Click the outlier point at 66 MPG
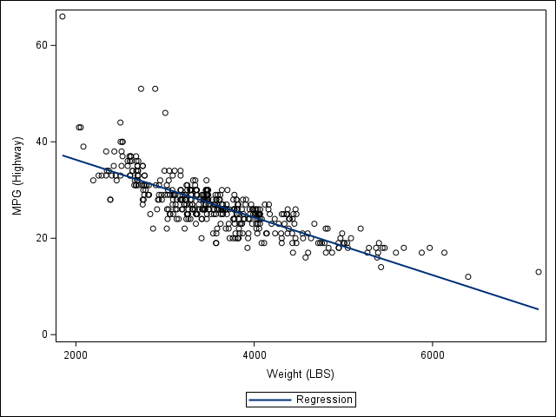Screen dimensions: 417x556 (62, 17)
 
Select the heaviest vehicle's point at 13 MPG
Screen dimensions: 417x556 (539, 272)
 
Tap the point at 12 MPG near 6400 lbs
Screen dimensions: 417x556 (468, 276)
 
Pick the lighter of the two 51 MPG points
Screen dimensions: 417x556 (141, 89)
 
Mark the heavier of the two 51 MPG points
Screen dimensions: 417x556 (156, 89)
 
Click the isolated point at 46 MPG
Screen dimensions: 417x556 (165, 113)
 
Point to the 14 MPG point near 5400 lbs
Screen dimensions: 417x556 (381, 267)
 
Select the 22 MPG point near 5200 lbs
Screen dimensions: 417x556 (361, 228)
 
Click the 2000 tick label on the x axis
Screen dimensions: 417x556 (76, 354)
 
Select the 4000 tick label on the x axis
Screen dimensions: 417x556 (255, 354)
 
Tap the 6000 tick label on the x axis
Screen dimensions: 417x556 (433, 354)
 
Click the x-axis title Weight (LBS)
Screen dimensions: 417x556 (300, 374)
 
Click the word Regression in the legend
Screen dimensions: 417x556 (324, 400)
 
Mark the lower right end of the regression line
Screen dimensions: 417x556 (539, 308)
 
